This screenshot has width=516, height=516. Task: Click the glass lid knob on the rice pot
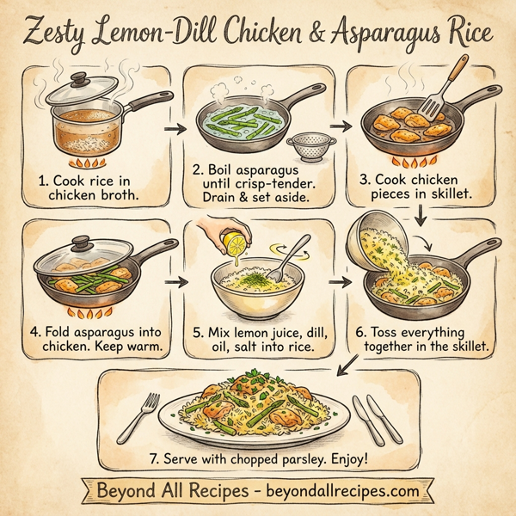coord(79,77)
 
